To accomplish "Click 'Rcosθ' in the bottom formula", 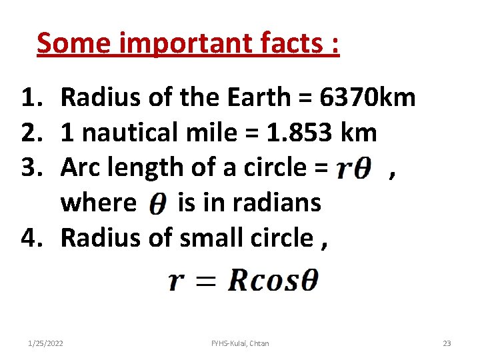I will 273,281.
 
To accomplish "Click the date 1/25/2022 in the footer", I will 46,343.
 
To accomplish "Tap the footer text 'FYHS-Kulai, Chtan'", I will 240,343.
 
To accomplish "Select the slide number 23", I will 447,343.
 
